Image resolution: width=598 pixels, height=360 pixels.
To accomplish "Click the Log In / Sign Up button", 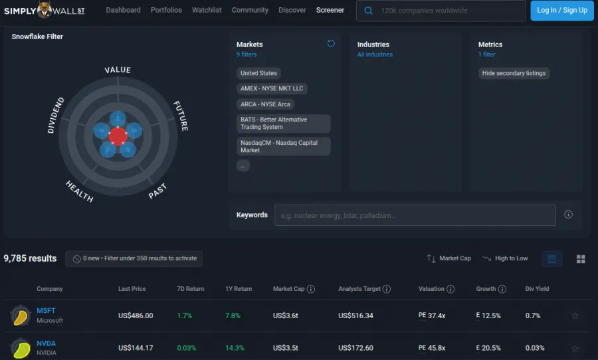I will click(561, 11).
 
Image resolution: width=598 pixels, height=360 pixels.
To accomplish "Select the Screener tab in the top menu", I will click(330, 11).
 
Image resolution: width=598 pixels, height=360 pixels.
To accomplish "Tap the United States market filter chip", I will click(258, 73).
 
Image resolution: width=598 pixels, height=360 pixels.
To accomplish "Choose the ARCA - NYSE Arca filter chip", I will click(265, 104).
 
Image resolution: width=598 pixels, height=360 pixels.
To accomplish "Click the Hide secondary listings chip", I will click(514, 73).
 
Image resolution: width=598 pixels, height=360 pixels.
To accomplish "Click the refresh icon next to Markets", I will click(331, 44).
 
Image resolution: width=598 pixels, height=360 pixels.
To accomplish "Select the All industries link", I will click(375, 54).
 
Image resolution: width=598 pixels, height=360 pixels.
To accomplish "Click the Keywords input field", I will click(415, 215).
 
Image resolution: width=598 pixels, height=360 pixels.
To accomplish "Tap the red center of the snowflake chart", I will click(118, 136).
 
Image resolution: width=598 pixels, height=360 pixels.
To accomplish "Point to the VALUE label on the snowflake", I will click(118, 70).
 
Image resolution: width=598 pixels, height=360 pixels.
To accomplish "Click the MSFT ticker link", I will click(46, 311).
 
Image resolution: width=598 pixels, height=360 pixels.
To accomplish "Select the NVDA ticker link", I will click(46, 343).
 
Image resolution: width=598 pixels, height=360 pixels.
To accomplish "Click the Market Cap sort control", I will click(448, 258).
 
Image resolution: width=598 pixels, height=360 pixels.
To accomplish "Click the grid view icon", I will click(580, 259).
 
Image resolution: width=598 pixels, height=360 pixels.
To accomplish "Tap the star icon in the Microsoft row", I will click(575, 316).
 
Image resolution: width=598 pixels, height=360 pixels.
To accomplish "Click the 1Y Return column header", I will click(239, 289).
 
